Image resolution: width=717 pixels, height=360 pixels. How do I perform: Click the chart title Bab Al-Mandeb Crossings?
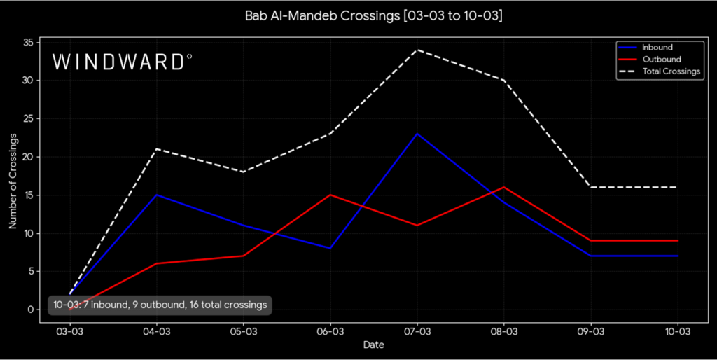coord(373,15)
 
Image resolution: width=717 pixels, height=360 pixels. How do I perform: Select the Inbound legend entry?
coord(657,48)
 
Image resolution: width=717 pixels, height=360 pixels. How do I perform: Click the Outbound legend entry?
coord(661,60)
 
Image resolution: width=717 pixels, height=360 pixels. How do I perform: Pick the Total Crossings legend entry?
coord(671,71)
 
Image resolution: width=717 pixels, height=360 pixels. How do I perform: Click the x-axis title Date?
coord(373,345)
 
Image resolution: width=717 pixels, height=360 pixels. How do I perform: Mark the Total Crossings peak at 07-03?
coord(417,50)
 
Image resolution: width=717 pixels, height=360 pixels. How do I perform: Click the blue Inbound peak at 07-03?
coord(417,134)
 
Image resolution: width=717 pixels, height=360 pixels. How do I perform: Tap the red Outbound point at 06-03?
coord(330,195)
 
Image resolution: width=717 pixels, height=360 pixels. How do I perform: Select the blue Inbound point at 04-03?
coord(156,195)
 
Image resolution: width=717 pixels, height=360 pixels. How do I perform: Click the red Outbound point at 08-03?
coord(503,187)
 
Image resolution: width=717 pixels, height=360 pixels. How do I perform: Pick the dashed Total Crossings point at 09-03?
coord(590,187)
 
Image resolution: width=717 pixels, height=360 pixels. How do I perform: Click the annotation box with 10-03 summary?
coord(160,305)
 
